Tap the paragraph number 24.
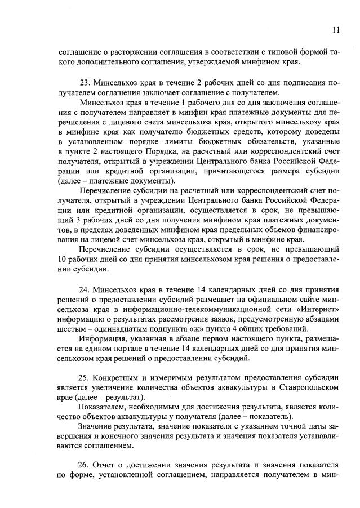pyautogui.click(x=85, y=288)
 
